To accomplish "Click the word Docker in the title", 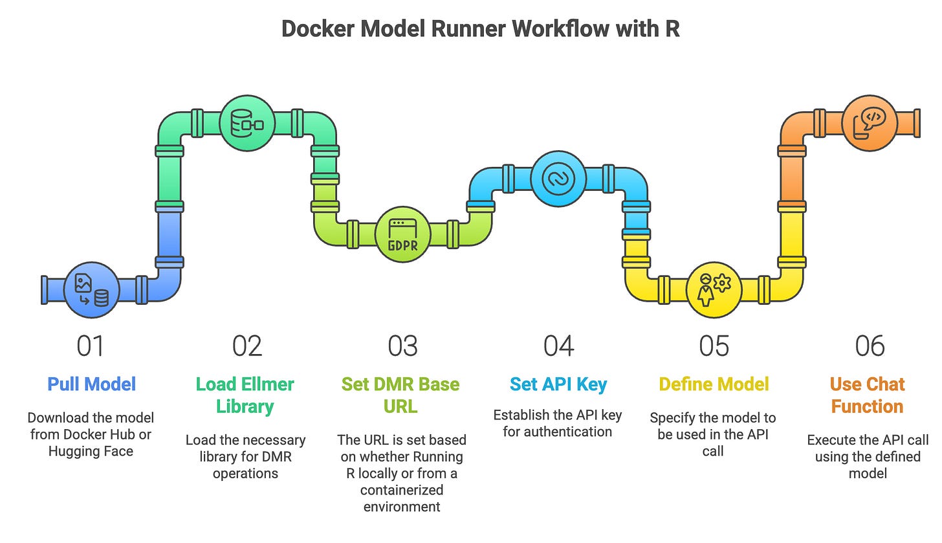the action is click(x=318, y=29).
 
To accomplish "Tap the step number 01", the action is click(x=90, y=346).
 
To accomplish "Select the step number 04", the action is click(x=558, y=346).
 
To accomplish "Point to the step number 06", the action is click(x=870, y=346).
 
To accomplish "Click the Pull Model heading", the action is click(x=91, y=384).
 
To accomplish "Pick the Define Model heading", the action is click(x=714, y=384).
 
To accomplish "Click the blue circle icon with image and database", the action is click(x=92, y=290).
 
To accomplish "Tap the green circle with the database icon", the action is click(x=247, y=123).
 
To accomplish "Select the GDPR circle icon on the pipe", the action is click(x=403, y=234).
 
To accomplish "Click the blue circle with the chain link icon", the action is click(x=558, y=179).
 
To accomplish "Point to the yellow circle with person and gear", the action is click(x=714, y=290).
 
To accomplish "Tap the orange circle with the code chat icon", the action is click(x=870, y=123).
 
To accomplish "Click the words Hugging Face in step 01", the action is click(x=91, y=452).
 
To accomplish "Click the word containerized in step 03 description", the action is click(x=402, y=490).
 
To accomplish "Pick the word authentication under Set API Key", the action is click(x=557, y=432).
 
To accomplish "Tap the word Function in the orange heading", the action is click(x=867, y=406).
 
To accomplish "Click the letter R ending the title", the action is click(x=672, y=29).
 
